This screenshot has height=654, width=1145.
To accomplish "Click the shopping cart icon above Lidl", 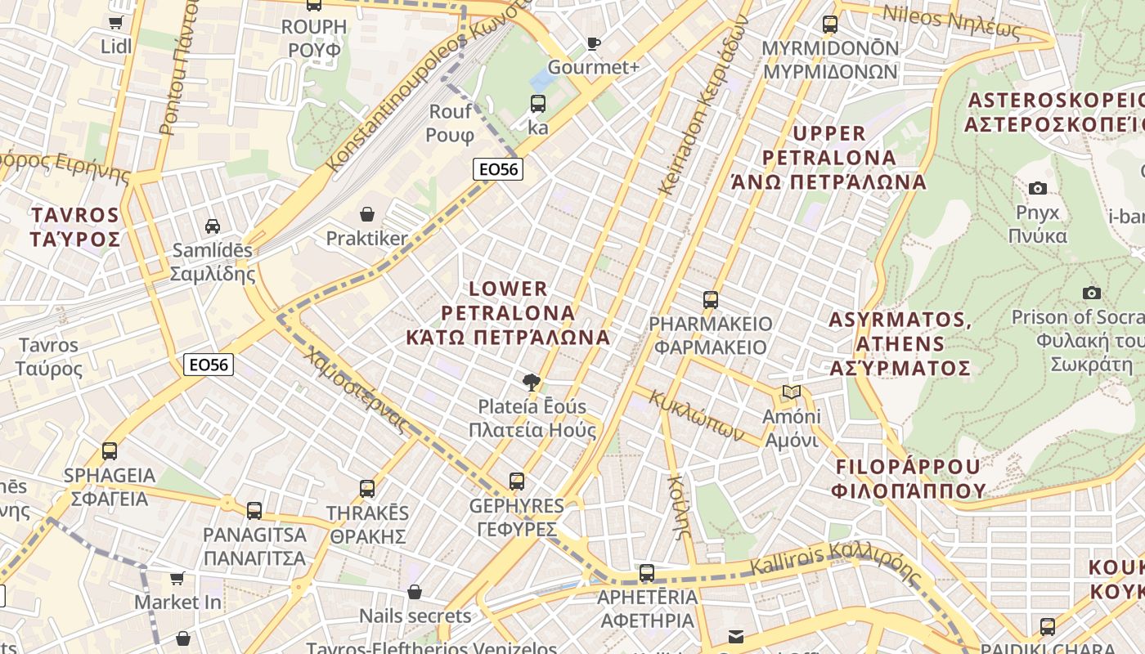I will point(116,22).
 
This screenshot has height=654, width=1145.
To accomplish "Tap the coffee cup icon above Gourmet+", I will point(593,43).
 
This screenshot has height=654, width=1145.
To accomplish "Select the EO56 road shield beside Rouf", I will point(497,169).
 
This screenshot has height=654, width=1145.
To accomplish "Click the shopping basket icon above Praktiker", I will point(367,214).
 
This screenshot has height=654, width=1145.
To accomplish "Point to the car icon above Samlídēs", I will point(213,226).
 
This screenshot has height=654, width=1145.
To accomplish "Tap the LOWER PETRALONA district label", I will point(508,312).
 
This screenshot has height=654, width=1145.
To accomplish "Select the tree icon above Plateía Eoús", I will point(532,382).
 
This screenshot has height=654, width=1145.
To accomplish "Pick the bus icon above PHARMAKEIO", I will point(710,299).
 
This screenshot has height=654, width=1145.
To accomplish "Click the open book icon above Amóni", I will point(791,392).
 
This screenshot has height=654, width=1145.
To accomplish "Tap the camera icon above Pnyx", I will point(1037,189).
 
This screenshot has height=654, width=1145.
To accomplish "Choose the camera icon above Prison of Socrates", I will point(1091,293).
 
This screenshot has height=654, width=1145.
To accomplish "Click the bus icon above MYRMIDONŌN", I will point(830,24).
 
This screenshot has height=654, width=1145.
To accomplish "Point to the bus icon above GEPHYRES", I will point(516,482).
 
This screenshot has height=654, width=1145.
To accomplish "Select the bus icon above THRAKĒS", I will point(367,489).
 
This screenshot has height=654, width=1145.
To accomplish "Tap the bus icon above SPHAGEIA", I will point(109,450).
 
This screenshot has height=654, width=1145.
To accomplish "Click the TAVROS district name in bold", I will point(75,226).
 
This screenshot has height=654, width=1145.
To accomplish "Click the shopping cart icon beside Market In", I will point(177,578).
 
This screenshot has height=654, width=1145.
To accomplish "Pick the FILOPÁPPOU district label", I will point(908,478).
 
